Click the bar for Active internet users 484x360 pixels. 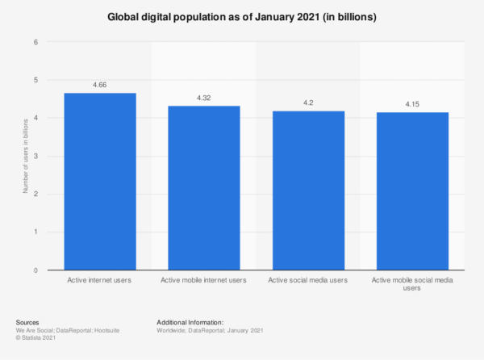100,182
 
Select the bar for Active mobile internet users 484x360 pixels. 204,188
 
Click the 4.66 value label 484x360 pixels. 100,84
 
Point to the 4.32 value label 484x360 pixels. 204,97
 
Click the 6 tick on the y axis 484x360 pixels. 35,42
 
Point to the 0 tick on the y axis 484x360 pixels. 35,270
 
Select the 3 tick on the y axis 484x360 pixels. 35,157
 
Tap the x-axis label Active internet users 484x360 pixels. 100,280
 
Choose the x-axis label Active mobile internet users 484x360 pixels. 204,280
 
